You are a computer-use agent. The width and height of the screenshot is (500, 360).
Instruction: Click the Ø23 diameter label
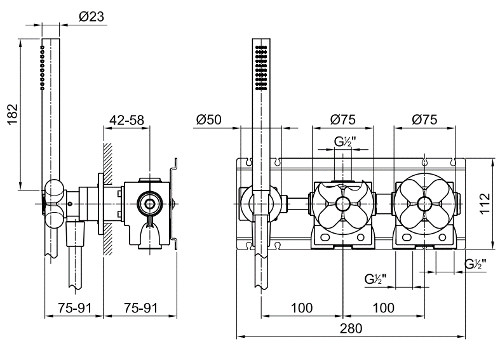[91, 17]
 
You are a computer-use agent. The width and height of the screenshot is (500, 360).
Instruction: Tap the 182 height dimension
[13, 115]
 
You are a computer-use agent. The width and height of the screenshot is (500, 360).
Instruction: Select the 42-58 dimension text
[126, 120]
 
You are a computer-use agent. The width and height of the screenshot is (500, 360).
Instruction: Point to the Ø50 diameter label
[209, 120]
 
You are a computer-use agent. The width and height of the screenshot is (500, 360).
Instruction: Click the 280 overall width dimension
[351, 328]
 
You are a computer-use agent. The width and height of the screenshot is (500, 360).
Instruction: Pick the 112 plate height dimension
[484, 204]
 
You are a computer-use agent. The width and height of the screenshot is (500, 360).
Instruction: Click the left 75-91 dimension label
[74, 308]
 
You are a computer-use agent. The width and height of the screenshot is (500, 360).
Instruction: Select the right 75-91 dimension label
[140, 308]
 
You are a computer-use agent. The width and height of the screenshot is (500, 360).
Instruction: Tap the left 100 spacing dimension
[302, 308]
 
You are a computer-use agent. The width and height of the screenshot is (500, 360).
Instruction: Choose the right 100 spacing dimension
[383, 308]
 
